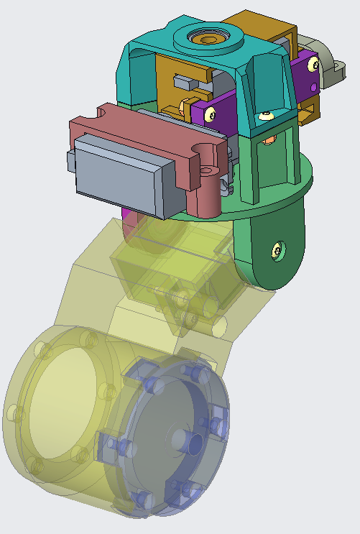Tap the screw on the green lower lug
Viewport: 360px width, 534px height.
pos(276,250)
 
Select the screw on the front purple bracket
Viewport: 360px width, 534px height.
pos(210,114)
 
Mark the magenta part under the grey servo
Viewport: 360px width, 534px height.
pos(128,214)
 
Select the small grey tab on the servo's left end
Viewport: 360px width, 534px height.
pos(70,162)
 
